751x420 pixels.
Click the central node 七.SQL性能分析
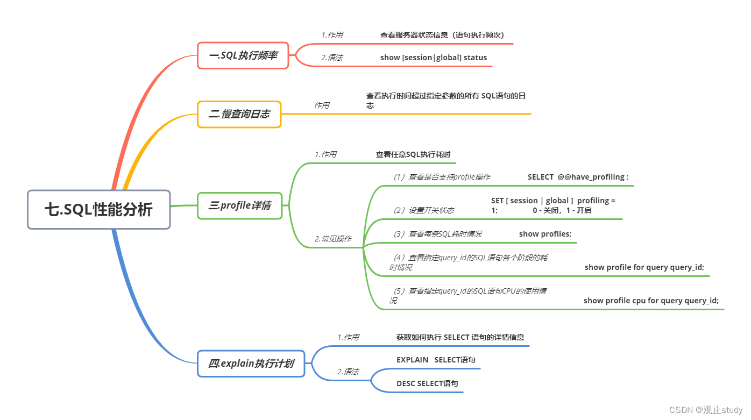[99, 210]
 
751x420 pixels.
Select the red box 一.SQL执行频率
[243, 55]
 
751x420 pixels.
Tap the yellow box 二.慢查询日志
[239, 115]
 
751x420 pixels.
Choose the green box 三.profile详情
[240, 205]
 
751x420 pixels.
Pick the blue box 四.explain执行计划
[251, 364]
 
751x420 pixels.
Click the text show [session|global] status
[434, 58]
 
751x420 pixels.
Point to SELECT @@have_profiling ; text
[578, 177]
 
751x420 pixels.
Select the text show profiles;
[545, 234]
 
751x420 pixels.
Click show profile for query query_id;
[644, 267]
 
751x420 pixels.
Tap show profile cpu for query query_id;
[651, 301]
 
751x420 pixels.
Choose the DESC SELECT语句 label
[427, 383]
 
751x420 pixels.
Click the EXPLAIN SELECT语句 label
[436, 360]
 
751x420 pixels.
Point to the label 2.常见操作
[333, 239]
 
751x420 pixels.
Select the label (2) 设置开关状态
[424, 210]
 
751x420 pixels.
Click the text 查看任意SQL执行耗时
[413, 154]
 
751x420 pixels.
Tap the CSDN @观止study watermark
[706, 410]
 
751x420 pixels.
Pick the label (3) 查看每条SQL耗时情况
[437, 234]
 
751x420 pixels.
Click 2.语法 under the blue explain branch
[348, 372]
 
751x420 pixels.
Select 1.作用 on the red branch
[332, 35]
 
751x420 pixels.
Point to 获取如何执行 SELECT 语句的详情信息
[460, 337]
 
